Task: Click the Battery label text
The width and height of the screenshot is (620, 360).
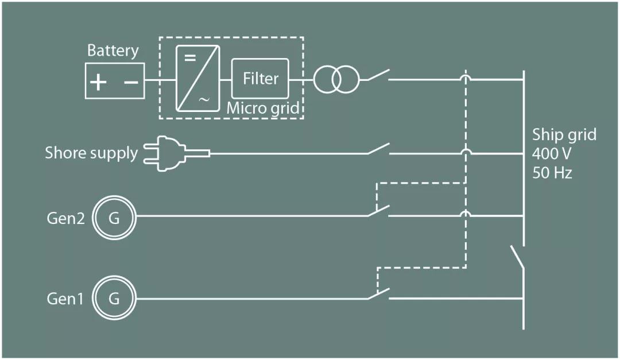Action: pos(113,51)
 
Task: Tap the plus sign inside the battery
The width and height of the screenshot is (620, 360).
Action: pos(98,82)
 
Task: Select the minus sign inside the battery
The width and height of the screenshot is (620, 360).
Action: pos(131,82)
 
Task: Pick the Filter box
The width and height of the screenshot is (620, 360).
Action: pos(260,78)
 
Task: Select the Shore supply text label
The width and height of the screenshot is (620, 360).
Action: pos(91,153)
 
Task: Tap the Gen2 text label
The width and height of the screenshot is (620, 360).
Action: pos(65,219)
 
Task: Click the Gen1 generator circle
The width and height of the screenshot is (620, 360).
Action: pos(114,299)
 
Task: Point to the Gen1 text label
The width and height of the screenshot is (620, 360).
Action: pos(65,300)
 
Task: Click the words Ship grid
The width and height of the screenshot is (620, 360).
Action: pos(564,135)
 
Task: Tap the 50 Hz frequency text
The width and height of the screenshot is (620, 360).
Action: pos(552,172)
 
